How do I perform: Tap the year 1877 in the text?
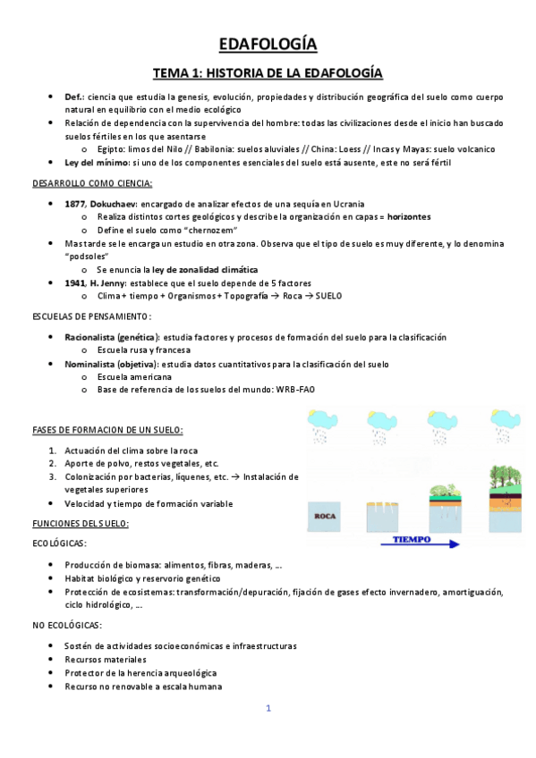(x=75, y=204)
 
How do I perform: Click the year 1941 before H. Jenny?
(x=75, y=282)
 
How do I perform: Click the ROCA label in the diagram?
(x=324, y=515)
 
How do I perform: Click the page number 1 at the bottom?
(x=268, y=708)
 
